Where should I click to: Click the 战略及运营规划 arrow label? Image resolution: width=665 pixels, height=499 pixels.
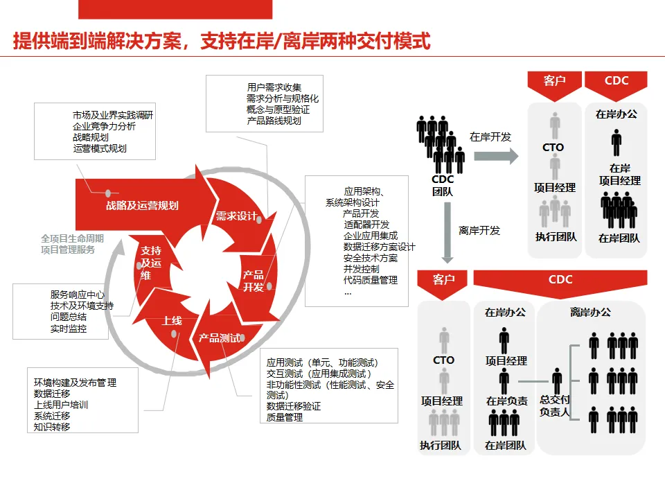142,205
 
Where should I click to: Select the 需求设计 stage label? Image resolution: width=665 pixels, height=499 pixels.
236,216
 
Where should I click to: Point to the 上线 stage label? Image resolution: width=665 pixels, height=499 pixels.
172,321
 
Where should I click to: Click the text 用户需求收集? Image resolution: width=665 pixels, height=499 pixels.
274,87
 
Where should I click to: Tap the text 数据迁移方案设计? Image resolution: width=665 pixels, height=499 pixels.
379,247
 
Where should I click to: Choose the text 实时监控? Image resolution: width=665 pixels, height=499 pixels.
69,329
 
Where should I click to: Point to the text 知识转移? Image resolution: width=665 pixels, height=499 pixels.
52,427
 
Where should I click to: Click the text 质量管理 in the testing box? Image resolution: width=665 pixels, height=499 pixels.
285,417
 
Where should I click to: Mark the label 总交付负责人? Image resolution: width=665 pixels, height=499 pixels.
555,405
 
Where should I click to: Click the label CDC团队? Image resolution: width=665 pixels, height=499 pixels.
443,185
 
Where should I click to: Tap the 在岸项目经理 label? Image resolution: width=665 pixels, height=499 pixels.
619,174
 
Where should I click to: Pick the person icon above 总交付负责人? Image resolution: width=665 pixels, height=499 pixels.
557,380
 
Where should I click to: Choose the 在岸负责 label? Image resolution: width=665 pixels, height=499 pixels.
506,401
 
